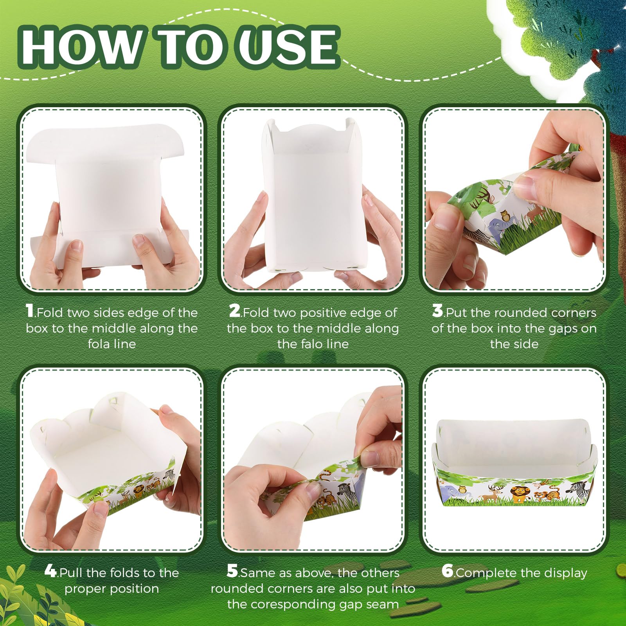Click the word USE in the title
tap(289, 46)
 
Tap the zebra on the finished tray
tap(578, 489)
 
